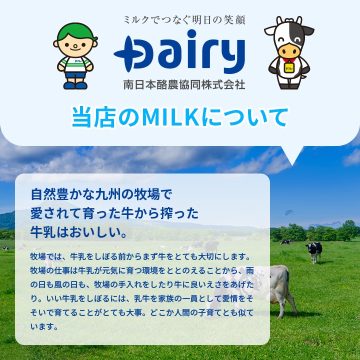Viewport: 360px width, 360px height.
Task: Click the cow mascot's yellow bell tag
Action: click(x=288, y=67)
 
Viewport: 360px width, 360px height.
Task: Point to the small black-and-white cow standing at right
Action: click(x=314, y=251)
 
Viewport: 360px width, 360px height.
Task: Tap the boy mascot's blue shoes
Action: click(x=74, y=85)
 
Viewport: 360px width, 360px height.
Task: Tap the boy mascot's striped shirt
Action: click(x=74, y=64)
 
